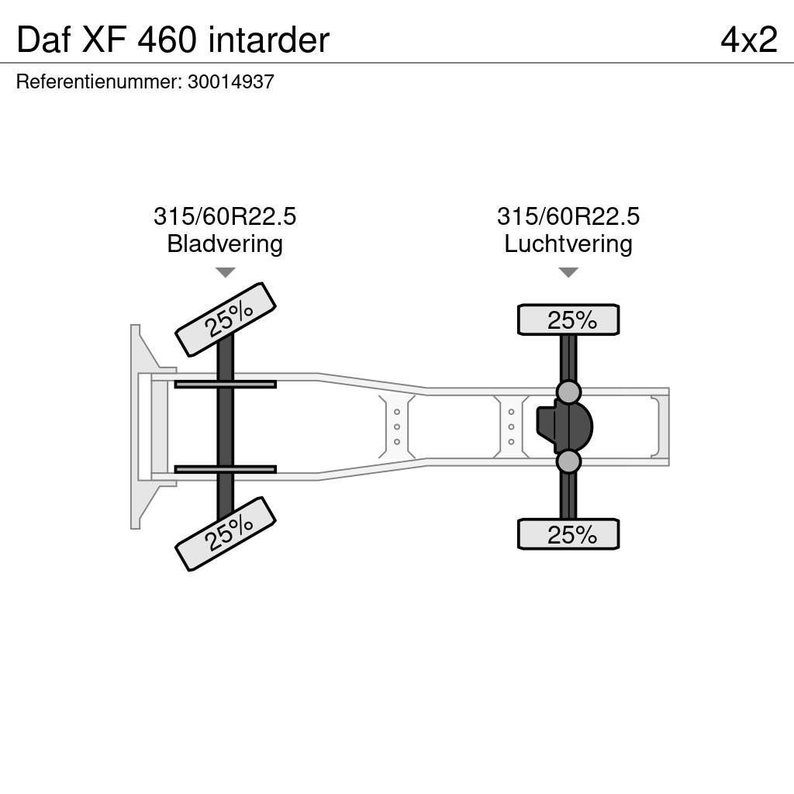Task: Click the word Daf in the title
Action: pos(43,40)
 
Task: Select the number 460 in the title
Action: pos(166,40)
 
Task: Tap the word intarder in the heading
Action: pos(269,40)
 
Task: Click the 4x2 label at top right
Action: pos(749,40)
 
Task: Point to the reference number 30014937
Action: pos(231,81)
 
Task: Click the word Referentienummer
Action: pos(99,81)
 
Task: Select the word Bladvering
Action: pos(225,243)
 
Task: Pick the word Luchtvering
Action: pos(568,243)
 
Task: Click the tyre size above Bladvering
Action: pos(225,216)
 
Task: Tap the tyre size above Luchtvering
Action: pos(568,216)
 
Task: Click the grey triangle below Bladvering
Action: pos(226,272)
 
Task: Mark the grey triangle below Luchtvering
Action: pos(568,272)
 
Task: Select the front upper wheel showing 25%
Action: pos(226,319)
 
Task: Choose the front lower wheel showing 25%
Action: pos(226,533)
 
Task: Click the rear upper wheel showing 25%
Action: pos(568,319)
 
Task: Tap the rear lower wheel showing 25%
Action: pos(568,533)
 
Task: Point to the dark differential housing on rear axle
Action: pos(564,426)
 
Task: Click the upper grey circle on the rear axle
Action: pos(568,392)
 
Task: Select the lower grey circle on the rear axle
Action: pos(568,461)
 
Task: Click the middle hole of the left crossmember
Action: pos(397,427)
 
